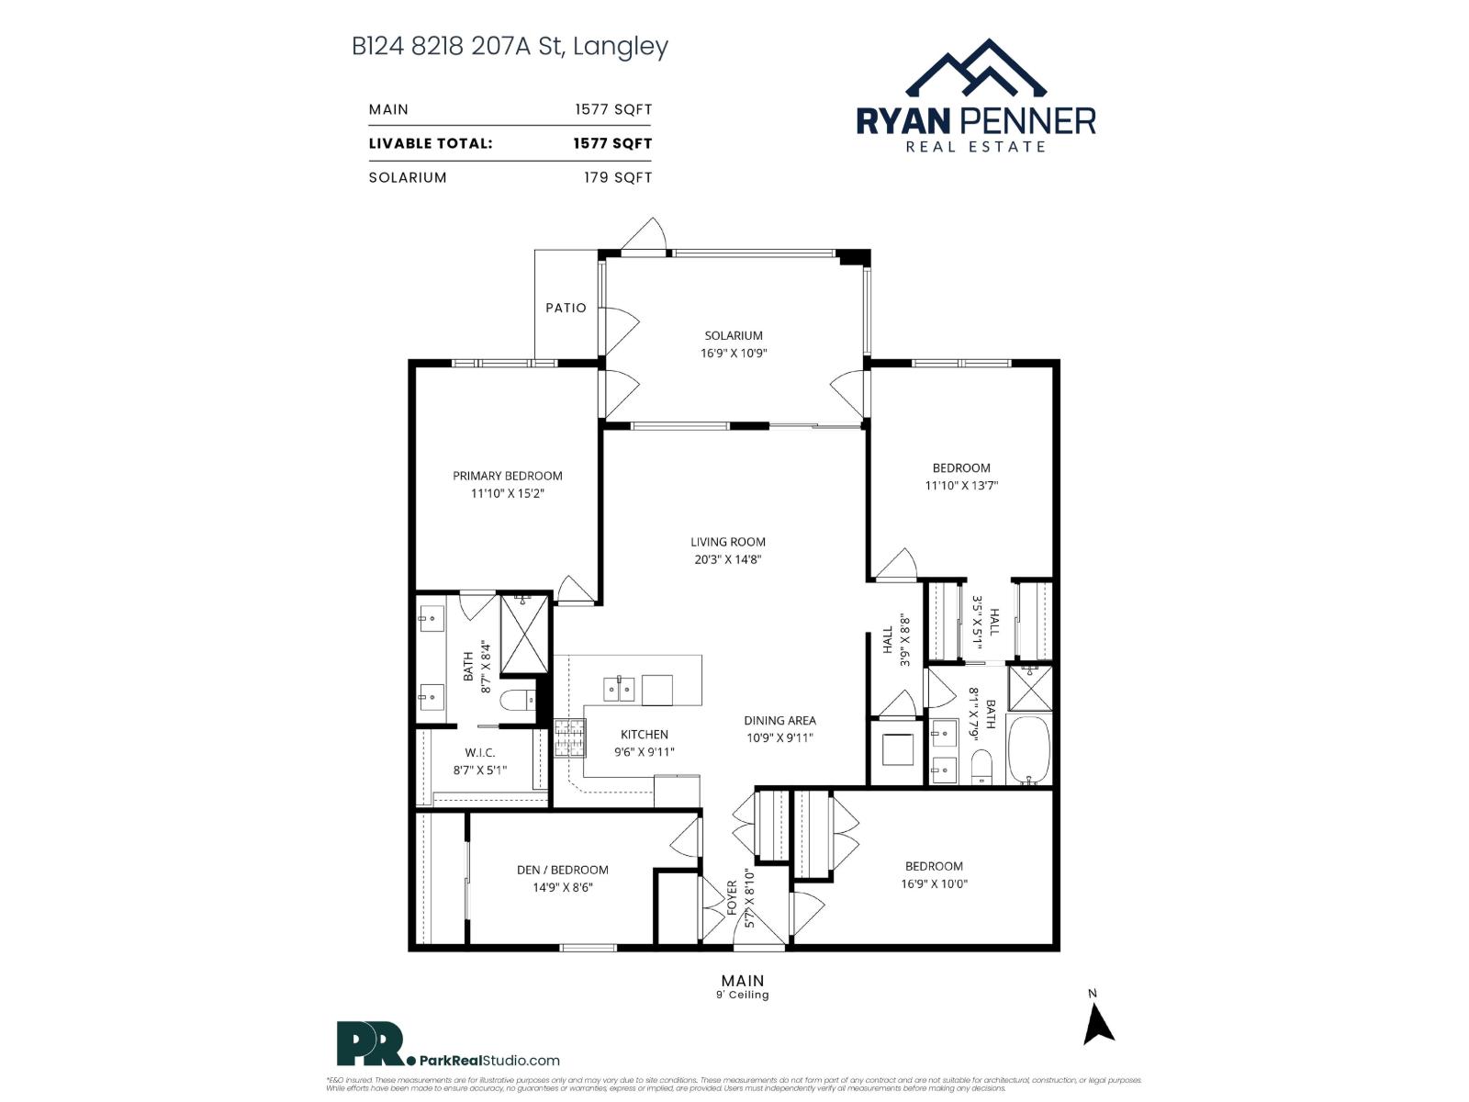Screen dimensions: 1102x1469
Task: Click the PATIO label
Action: click(x=566, y=308)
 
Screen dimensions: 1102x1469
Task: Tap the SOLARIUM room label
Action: click(x=734, y=336)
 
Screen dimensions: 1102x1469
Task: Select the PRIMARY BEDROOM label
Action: click(x=507, y=476)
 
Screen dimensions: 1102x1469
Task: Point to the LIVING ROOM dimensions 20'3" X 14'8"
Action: click(x=728, y=559)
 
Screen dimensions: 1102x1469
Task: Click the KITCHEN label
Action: click(x=645, y=735)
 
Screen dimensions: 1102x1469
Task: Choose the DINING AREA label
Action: click(x=779, y=721)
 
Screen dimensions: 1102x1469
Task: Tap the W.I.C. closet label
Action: click(x=480, y=753)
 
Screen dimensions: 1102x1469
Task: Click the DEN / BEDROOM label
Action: click(x=562, y=870)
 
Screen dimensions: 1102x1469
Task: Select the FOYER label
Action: click(x=733, y=898)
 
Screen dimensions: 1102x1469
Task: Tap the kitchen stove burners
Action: click(x=569, y=738)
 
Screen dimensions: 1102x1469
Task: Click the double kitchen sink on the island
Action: click(x=619, y=689)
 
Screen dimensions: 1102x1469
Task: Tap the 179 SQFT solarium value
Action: click(x=618, y=177)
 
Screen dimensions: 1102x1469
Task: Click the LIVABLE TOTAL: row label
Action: click(x=431, y=143)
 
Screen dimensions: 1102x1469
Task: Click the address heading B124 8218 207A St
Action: click(x=510, y=46)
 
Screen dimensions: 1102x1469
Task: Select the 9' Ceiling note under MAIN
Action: click(x=742, y=995)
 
